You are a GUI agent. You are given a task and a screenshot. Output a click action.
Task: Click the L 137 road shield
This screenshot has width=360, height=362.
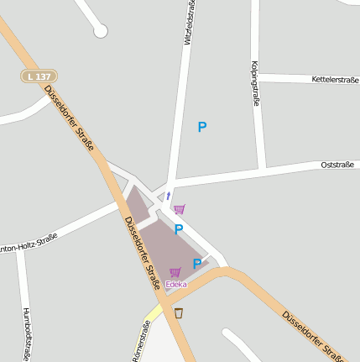pyautogui.click(x=39, y=76)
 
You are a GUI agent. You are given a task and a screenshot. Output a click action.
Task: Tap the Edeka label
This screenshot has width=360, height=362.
pyautogui.click(x=175, y=284)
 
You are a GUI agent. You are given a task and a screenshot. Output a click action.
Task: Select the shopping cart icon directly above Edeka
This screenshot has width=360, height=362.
pyautogui.click(x=175, y=271)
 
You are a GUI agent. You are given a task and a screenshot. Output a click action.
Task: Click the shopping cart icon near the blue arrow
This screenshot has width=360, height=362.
pyautogui.click(x=180, y=209)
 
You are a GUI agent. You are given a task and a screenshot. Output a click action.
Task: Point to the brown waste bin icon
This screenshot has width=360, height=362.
pyautogui.click(x=179, y=312)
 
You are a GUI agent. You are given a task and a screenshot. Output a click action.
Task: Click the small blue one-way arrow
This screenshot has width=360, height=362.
pyautogui.click(x=168, y=196)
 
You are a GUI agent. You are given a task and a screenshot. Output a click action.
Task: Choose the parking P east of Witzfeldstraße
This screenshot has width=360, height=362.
pyautogui.click(x=201, y=127)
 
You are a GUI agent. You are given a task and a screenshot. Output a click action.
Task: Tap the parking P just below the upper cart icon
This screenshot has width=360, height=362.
pyautogui.click(x=179, y=228)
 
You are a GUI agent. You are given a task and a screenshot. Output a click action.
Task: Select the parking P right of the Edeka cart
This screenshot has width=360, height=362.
pyautogui.click(x=197, y=264)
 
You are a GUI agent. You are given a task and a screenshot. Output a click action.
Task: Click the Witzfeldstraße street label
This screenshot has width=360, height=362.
pyautogui.click(x=188, y=23)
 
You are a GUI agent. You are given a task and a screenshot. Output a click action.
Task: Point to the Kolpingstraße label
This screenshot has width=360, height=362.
pyautogui.click(x=254, y=82)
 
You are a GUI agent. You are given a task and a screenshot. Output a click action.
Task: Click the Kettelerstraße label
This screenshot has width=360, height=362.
pyautogui.click(x=334, y=80)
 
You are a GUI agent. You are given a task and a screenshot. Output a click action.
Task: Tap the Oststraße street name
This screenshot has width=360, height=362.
pyautogui.click(x=340, y=165)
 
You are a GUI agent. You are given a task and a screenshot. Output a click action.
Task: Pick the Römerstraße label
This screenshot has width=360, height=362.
pyautogui.click(x=141, y=344)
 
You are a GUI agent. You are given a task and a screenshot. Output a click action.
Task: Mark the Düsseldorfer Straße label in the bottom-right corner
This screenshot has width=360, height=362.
pyautogui.click(x=313, y=333)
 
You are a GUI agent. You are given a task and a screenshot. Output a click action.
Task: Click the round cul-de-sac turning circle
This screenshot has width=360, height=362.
pyautogui.click(x=101, y=31)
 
